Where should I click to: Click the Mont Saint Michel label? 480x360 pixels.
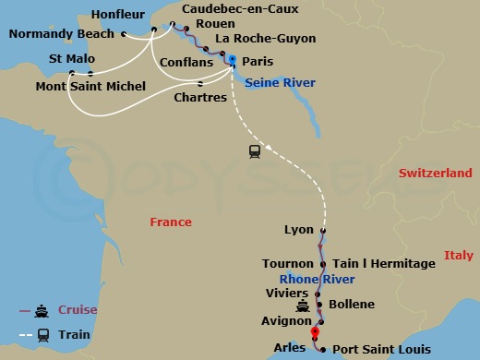(90, 87)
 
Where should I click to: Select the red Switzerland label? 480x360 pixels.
(436, 173)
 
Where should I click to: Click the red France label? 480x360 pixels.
(171, 222)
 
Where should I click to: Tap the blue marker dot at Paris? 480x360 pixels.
(232, 60)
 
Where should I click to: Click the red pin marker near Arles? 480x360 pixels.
(315, 332)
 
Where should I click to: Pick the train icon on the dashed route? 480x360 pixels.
(254, 151)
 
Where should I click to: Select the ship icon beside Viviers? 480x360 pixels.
(301, 306)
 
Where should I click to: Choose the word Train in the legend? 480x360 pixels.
(78, 333)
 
